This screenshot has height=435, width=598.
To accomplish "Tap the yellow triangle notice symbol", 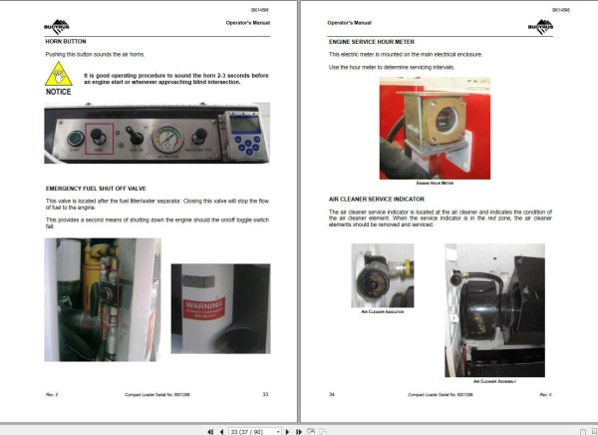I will (x=60, y=73).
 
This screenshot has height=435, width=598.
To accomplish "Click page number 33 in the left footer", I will (x=265, y=395).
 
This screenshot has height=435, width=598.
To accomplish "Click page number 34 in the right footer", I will (x=332, y=395).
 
